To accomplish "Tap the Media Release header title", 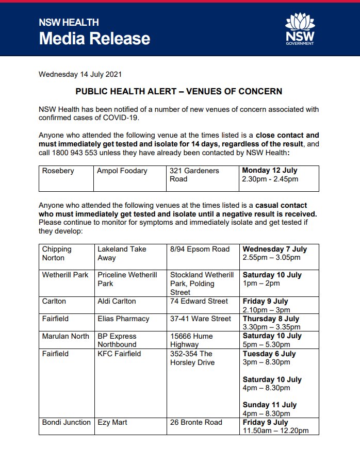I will pyautogui.click(x=94, y=38).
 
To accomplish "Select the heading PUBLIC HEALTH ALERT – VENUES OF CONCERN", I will pyautogui.click(x=179, y=91).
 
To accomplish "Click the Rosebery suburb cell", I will pyautogui.click(x=58, y=171).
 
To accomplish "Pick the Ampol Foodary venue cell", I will pyautogui.click(x=122, y=171).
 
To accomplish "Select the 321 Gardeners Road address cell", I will pyautogui.click(x=194, y=175).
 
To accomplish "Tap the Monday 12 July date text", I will pyautogui.click(x=270, y=170).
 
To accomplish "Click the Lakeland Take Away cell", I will pyautogui.click(x=122, y=253).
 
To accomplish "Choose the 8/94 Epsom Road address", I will pyautogui.click(x=200, y=249).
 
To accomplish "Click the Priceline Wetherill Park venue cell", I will pyautogui.click(x=127, y=279).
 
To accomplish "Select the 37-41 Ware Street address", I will pyautogui.click(x=201, y=319).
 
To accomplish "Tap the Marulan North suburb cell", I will pyautogui.click(x=66, y=336).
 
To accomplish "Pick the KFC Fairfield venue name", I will pyautogui.click(x=119, y=354).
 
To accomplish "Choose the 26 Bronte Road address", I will pyautogui.click(x=196, y=422).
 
